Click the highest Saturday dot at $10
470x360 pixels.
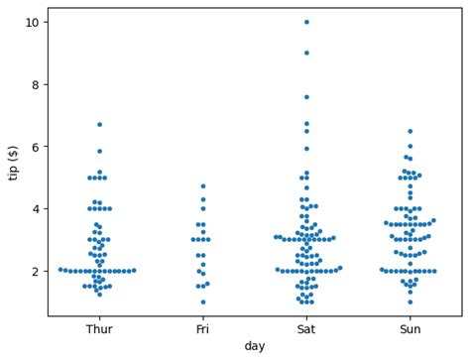pyautogui.click(x=306, y=22)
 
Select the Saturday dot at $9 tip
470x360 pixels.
pyautogui.click(x=306, y=53)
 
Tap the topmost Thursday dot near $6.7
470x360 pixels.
pyautogui.click(x=99, y=125)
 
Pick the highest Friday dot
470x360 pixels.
pyautogui.click(x=203, y=186)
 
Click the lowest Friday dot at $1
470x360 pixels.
pyautogui.click(x=203, y=302)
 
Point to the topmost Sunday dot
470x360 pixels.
pyautogui.click(x=410, y=131)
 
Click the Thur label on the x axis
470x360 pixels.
pyautogui.click(x=99, y=328)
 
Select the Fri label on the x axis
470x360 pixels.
pyautogui.click(x=203, y=328)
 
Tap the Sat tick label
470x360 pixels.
pyautogui.click(x=306, y=328)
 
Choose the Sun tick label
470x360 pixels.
pyautogui.click(x=410, y=328)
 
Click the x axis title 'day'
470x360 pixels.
pyautogui.click(x=255, y=346)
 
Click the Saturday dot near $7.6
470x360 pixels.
pyautogui.click(x=306, y=97)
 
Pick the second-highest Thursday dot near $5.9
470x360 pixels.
pyautogui.click(x=99, y=151)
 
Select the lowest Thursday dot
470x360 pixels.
pyautogui.click(x=99, y=295)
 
